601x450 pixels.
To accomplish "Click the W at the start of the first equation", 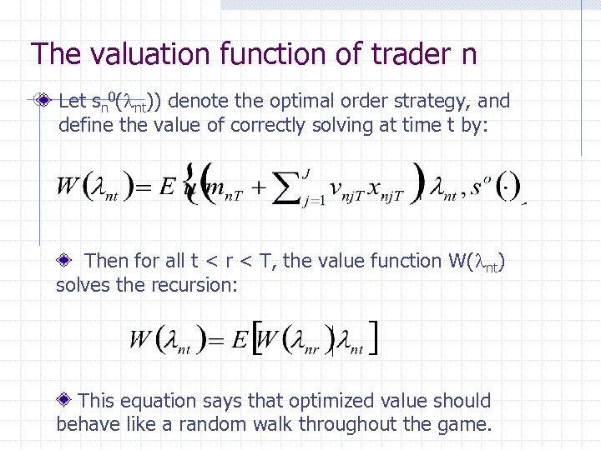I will click(x=68, y=185).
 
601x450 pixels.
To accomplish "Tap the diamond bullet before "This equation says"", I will click(x=64, y=401).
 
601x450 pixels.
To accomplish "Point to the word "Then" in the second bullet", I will click(x=108, y=261).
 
